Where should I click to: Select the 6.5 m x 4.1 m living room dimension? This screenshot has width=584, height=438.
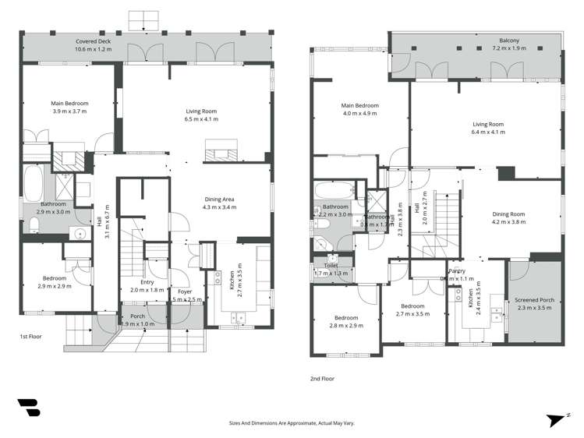201,119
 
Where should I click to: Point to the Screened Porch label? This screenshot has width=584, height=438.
533,300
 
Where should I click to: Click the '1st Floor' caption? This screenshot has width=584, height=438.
30,337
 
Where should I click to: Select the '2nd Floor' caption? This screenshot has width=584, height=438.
322,378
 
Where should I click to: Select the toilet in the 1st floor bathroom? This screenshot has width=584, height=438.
34,225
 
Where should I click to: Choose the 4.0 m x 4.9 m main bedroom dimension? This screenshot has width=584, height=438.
359,114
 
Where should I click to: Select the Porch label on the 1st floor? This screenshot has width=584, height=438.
137,316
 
